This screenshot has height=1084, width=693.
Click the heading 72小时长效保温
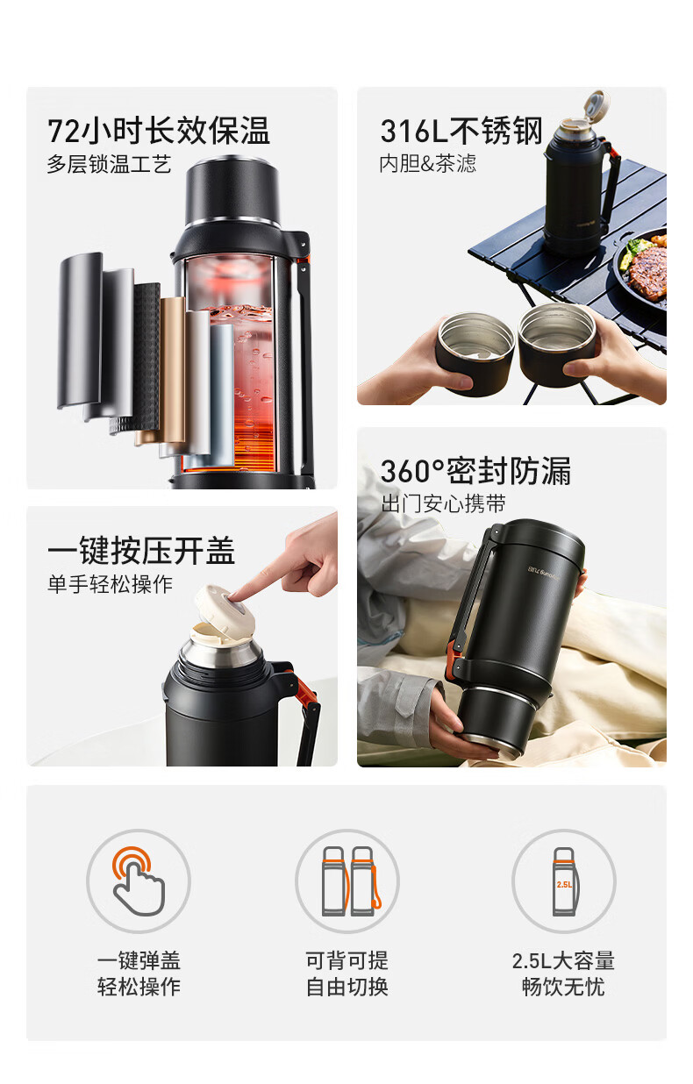(x=158, y=131)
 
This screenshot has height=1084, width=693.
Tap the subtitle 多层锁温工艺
(x=109, y=165)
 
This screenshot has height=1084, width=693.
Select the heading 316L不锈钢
(x=461, y=131)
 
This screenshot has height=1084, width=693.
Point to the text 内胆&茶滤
(x=428, y=164)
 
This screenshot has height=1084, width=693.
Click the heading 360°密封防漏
(x=475, y=471)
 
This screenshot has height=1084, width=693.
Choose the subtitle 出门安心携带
(x=443, y=503)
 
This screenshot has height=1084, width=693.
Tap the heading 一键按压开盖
(x=141, y=551)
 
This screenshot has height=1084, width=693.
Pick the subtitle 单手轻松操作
(x=110, y=584)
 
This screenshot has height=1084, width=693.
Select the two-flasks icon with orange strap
(x=351, y=881)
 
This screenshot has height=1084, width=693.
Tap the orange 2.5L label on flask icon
(x=564, y=885)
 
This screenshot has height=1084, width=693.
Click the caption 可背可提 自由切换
(x=347, y=974)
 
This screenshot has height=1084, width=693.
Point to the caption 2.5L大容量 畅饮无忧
(x=563, y=974)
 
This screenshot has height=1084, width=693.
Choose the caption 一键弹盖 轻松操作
(x=139, y=974)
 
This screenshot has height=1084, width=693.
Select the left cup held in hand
(x=475, y=353)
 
